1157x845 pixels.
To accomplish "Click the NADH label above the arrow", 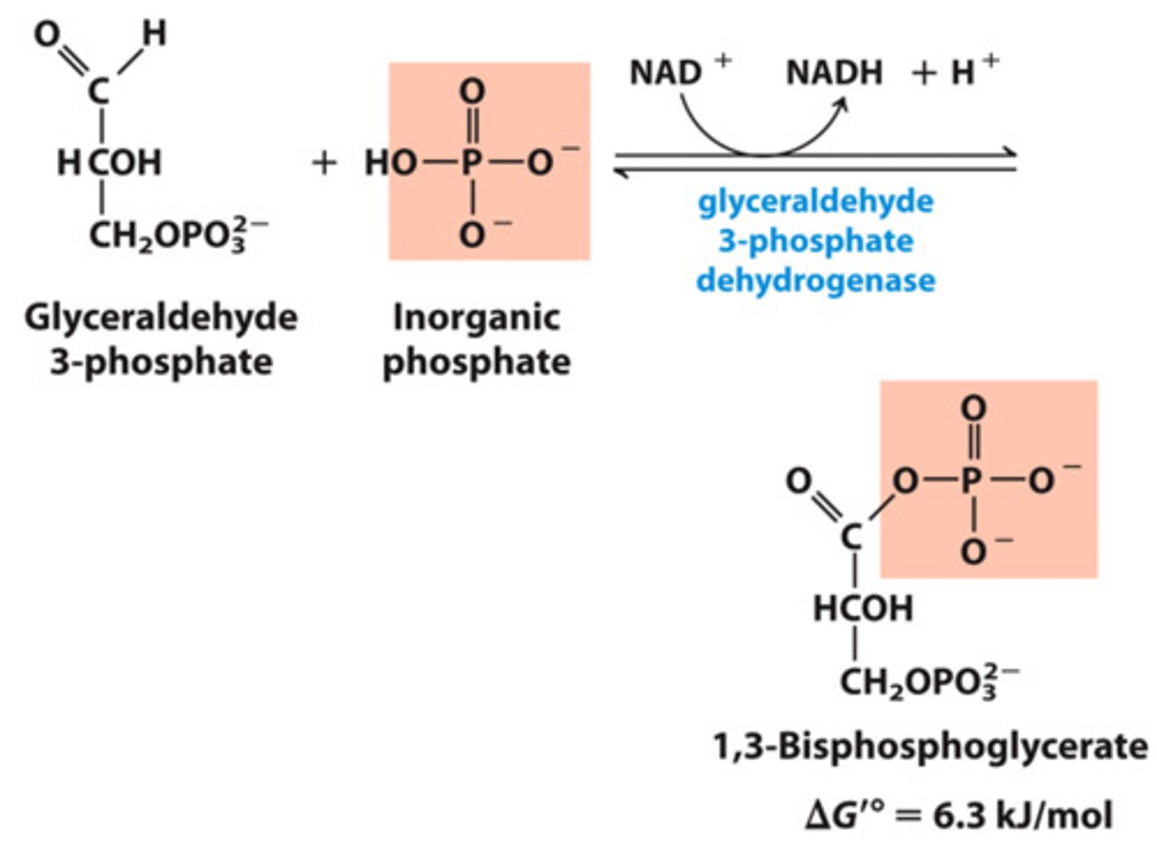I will click(833, 73).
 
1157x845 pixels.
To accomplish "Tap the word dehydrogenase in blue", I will click(816, 281).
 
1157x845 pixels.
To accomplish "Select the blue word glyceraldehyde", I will click(816, 201).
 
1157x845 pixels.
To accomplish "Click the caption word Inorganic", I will click(476, 318).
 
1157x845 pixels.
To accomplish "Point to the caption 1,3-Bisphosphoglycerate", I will click(930, 747).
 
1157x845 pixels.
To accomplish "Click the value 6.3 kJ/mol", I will click(1023, 815).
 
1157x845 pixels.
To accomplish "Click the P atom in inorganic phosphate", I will click(472, 163).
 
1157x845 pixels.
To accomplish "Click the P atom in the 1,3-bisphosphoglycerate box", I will click(971, 481).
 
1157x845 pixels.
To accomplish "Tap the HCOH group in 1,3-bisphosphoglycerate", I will click(863, 609).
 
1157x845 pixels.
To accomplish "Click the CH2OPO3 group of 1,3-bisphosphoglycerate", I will click(928, 682).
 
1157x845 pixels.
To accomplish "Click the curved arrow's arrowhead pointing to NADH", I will click(841, 104).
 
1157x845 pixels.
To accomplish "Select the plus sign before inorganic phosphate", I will click(324, 163).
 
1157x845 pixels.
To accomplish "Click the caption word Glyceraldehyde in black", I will click(161, 318).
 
